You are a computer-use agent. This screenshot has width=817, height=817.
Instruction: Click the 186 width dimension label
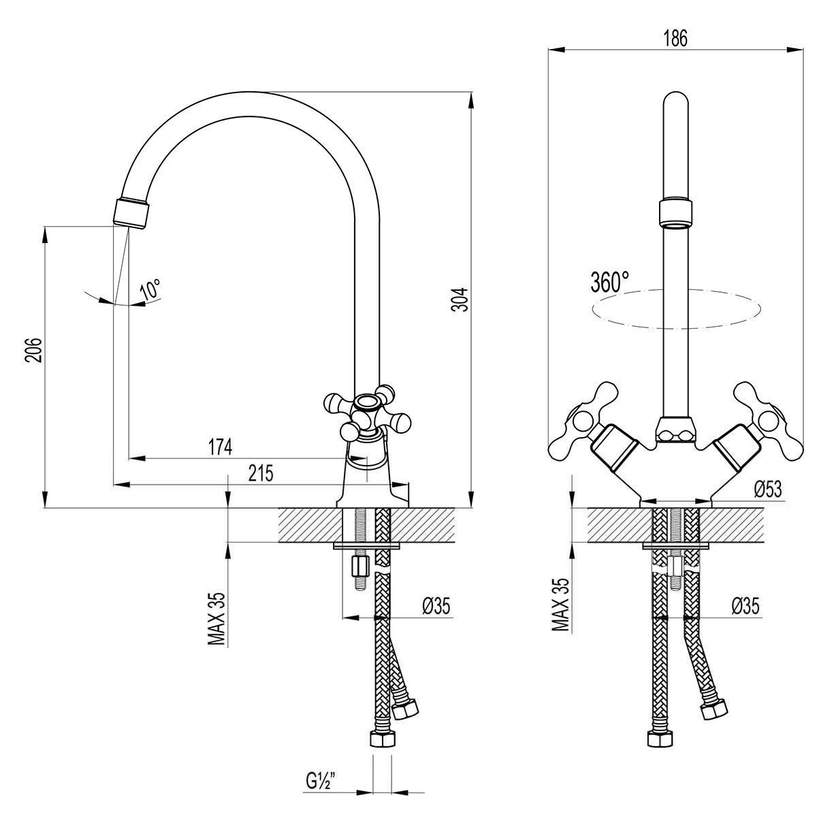[675, 39]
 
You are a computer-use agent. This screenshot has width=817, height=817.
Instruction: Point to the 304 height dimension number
[460, 300]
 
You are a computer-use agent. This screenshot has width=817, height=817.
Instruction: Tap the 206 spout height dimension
[33, 350]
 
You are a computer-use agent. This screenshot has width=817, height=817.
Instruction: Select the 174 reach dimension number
[220, 447]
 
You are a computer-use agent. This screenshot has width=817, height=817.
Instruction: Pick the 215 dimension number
[261, 473]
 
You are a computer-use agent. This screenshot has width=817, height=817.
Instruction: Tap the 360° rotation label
[609, 282]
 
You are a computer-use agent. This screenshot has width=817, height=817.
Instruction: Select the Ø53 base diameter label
[768, 490]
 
